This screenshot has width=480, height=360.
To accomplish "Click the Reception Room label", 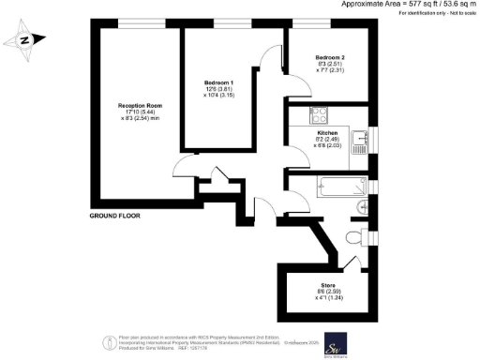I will pos(140,104).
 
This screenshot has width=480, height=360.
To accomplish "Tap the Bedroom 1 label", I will pos(218,82).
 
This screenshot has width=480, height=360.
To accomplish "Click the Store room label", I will pos(328,284).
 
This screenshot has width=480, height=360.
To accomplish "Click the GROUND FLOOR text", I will pos(116,216).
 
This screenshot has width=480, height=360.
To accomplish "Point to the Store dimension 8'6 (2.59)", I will pos(327,291).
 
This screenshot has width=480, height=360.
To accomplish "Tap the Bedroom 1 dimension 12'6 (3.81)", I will pos(218,89).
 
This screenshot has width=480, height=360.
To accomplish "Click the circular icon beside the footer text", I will pos(103,340).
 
